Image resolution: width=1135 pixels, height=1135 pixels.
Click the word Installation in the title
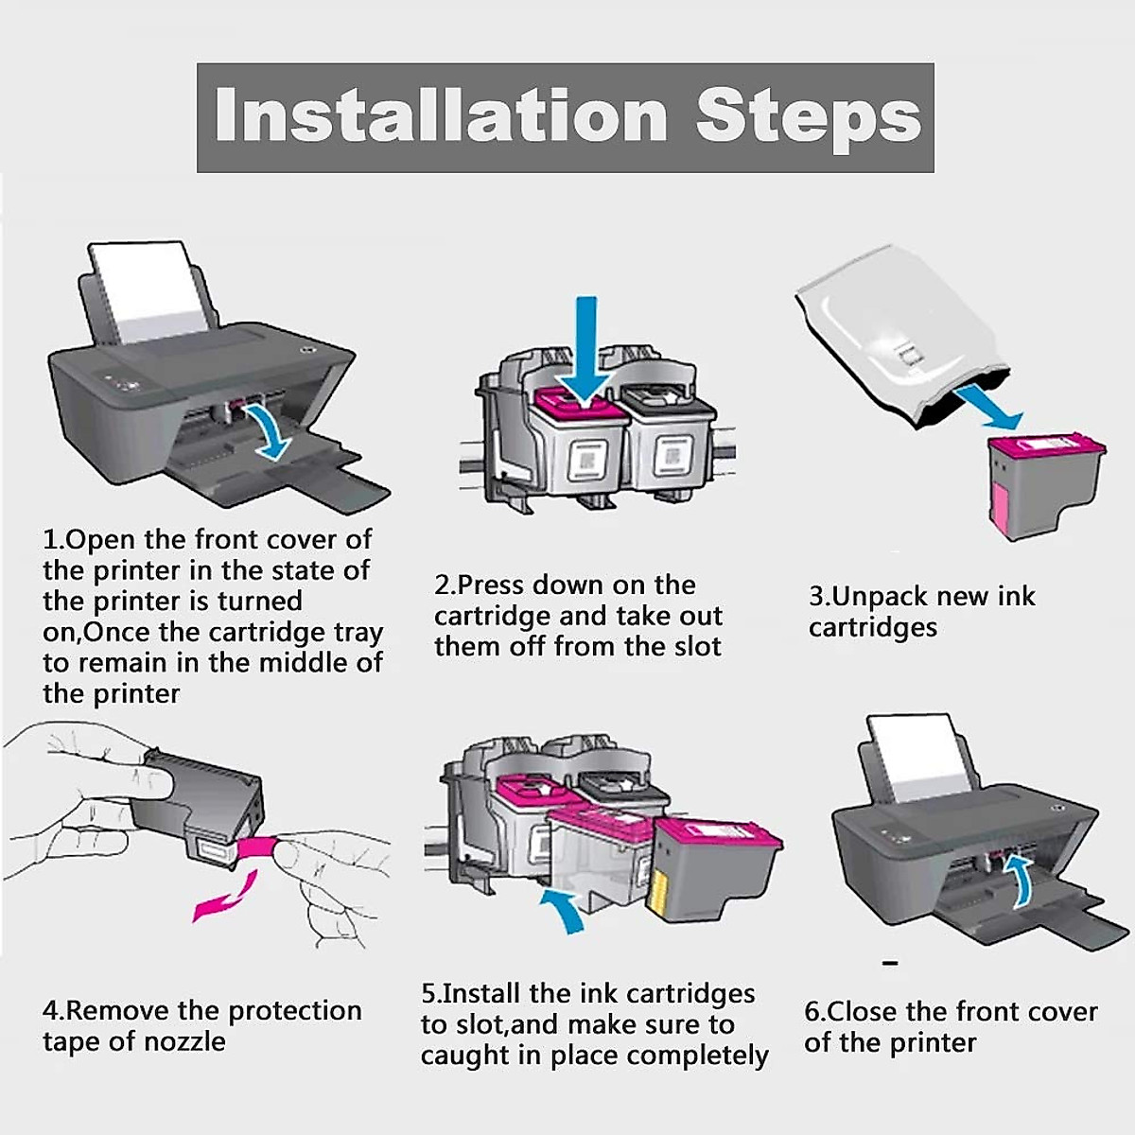[441, 116]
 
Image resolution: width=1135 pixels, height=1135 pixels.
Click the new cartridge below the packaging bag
[1045, 485]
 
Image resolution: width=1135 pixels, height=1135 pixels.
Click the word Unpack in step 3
[877, 597]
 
